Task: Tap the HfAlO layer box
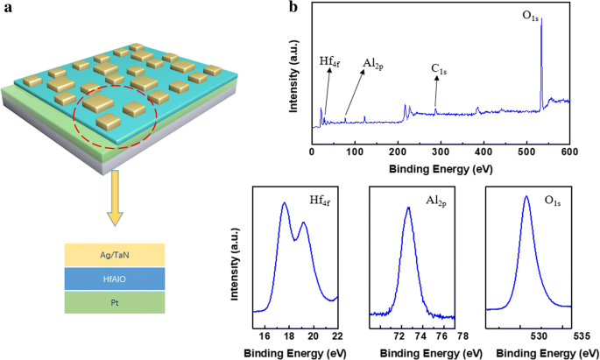[123, 278]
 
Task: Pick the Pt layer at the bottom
[123, 301]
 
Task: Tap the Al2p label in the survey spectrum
[377, 64]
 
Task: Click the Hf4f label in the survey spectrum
[330, 62]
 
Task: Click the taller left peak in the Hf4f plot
[285, 204]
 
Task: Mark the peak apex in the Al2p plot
[408, 208]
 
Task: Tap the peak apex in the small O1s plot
[526, 196]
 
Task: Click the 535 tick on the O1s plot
[581, 335]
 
